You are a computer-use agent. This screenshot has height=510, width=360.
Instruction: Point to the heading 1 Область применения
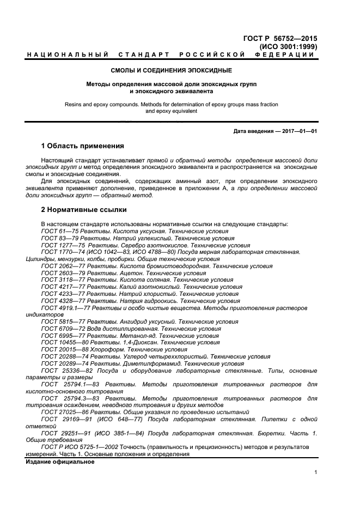coord(83,146)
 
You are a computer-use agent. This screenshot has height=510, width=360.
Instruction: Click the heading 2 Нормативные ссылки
coord(84,209)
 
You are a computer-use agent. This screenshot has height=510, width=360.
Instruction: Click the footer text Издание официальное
coord(60,462)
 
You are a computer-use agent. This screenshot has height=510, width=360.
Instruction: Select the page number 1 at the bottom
coord(315,473)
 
